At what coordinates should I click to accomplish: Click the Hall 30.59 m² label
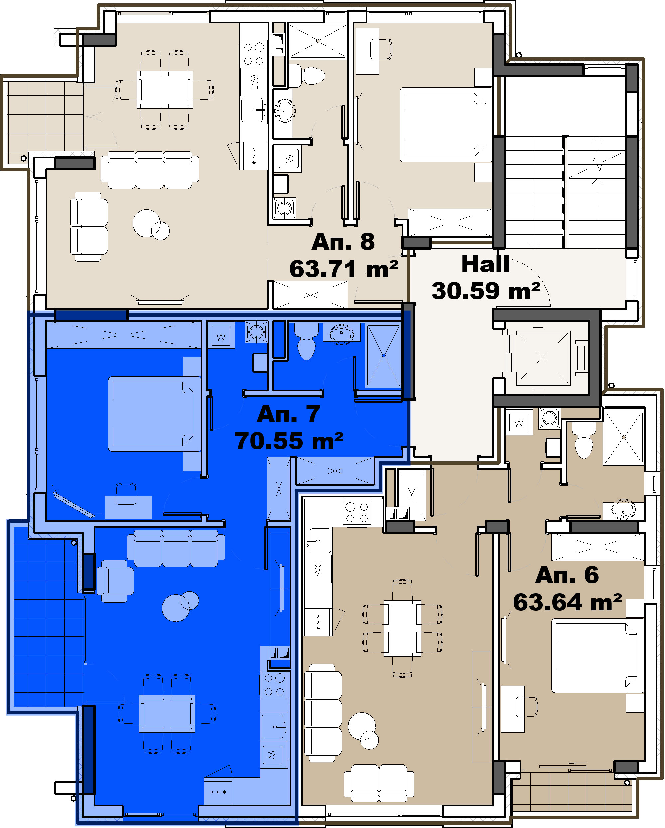486,277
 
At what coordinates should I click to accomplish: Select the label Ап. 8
343,242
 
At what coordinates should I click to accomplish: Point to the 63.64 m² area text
568,602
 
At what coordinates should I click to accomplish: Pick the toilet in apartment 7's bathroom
306,341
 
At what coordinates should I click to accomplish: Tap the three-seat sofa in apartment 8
150,170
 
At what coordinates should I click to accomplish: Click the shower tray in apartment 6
623,437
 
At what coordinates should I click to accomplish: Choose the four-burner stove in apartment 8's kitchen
254,54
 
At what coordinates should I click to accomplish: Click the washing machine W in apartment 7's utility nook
221,337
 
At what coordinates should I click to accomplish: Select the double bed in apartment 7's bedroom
155,414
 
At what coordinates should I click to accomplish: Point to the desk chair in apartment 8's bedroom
381,49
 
